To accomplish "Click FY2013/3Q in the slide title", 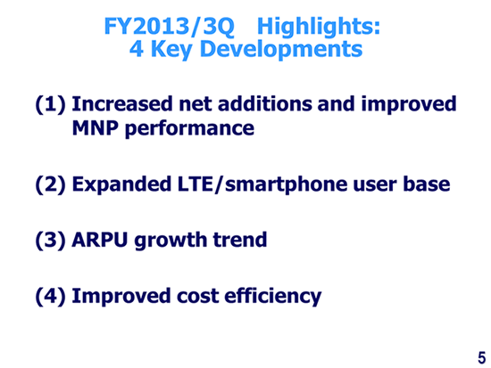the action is pos(169,26).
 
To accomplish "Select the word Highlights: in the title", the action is pos(319,26).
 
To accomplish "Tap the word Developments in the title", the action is pos(281,49).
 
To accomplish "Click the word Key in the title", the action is pos(172,49).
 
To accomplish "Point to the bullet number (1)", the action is pos(51,104).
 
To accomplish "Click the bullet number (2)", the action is pos(51,184).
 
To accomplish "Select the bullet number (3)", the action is pos(51,240).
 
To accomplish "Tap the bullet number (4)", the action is pos(51,296).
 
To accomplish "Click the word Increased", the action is pos(122,103).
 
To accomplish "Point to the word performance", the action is pos(189,129).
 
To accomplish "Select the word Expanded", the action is pos(121,184).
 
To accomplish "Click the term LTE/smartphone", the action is pos(262,184).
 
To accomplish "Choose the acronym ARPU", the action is pos(100,240).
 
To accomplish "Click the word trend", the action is pos(240,240).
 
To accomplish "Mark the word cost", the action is pos(198,296).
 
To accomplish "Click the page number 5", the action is pos(481,357).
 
